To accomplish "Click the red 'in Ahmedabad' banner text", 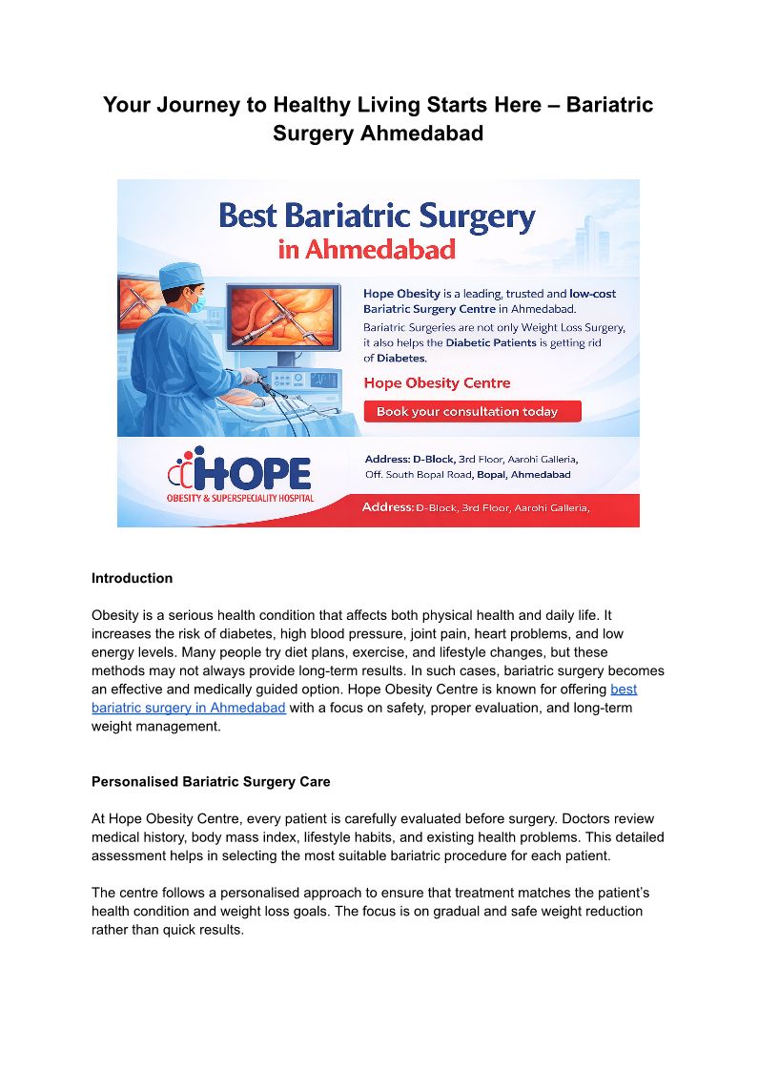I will (367, 250).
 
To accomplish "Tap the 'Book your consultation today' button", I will (472, 412).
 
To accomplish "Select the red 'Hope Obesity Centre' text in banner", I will (438, 382).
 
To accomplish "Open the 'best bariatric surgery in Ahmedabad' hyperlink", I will (189, 707).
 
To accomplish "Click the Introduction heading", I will (132, 578).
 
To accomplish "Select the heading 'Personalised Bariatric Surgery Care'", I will (211, 782).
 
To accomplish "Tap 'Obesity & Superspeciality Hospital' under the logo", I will (240, 498).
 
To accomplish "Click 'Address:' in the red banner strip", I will (387, 507).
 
